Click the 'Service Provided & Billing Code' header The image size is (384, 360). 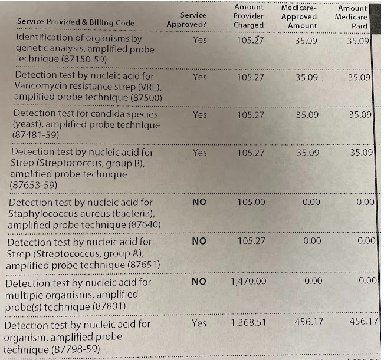[76, 22]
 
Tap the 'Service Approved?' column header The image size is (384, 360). [186, 20]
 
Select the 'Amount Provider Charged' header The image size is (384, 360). [248, 16]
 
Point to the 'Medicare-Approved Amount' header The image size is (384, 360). [299, 16]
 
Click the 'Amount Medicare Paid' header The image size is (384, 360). [351, 17]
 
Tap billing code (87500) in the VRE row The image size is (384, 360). [146, 98]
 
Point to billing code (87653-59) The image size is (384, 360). [33, 185]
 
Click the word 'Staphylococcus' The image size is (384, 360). [42, 214]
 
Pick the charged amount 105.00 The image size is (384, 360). [251, 202]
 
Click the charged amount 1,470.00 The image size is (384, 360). [248, 281]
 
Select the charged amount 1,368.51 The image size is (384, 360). [248, 322]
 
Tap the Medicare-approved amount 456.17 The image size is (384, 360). [309, 322]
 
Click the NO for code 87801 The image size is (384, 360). [199, 282]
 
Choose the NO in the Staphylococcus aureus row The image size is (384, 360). [199, 202]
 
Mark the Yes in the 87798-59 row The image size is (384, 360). [199, 323]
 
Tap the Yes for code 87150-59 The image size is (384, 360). [199, 40]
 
